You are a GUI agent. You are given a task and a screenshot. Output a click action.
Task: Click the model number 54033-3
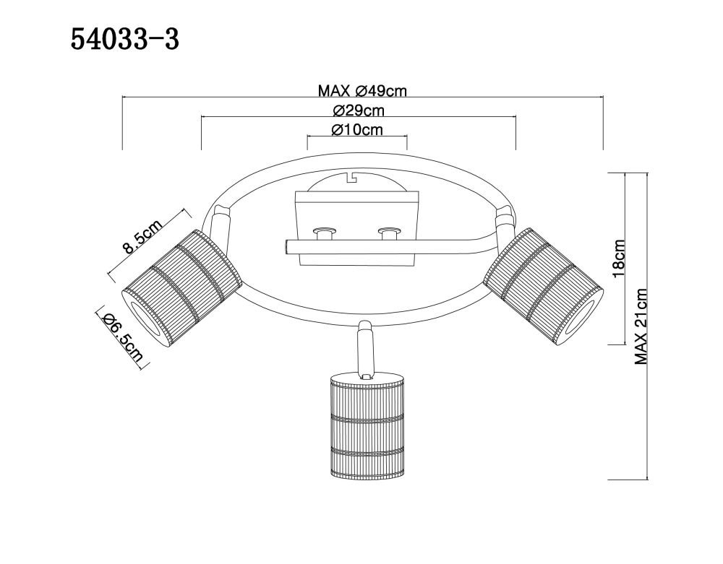click(124, 40)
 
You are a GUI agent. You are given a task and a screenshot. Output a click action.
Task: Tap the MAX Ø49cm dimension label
click(362, 91)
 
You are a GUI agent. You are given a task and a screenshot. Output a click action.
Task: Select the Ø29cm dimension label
click(359, 110)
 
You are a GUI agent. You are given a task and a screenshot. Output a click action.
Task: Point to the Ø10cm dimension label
click(357, 130)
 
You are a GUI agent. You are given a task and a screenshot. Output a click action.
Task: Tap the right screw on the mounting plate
click(389, 233)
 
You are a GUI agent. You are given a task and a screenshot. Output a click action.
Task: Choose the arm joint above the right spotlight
click(503, 223)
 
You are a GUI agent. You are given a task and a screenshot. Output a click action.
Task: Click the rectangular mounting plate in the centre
click(356, 229)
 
